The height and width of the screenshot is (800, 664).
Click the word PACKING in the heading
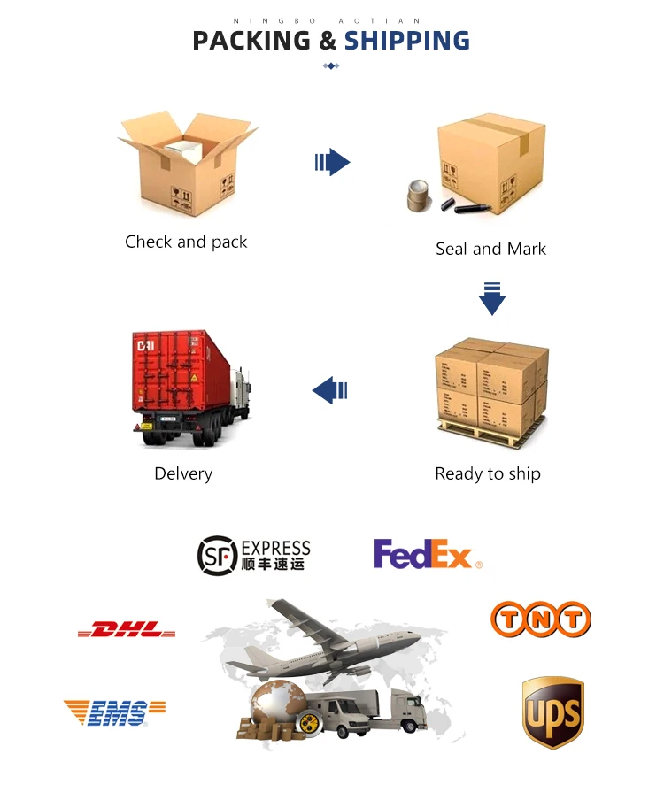pyautogui.click(x=251, y=41)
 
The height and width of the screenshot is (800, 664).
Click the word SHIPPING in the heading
pyautogui.click(x=406, y=41)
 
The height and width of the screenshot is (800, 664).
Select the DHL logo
pyautogui.click(x=127, y=630)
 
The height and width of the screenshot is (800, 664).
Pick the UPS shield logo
pyautogui.click(x=552, y=712)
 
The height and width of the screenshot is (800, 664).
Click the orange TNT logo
pyautogui.click(x=540, y=619)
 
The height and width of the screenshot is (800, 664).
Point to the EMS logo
pyautogui.click(x=114, y=712)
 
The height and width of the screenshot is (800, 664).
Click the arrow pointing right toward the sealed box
pyautogui.click(x=333, y=162)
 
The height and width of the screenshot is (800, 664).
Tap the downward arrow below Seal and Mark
pyautogui.click(x=491, y=298)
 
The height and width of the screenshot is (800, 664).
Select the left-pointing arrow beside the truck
pyautogui.click(x=329, y=388)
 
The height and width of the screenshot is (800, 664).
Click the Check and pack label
pyautogui.click(x=186, y=242)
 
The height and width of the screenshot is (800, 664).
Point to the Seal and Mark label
pyautogui.click(x=490, y=249)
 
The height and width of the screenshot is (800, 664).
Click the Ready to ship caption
pyautogui.click(x=487, y=473)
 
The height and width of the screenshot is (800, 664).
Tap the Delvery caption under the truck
pyautogui.click(x=183, y=473)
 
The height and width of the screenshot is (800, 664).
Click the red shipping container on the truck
pyautogui.click(x=181, y=372)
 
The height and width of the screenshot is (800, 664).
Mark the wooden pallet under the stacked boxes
pyautogui.click(x=489, y=434)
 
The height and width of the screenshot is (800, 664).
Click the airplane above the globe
pyautogui.click(x=328, y=637)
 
